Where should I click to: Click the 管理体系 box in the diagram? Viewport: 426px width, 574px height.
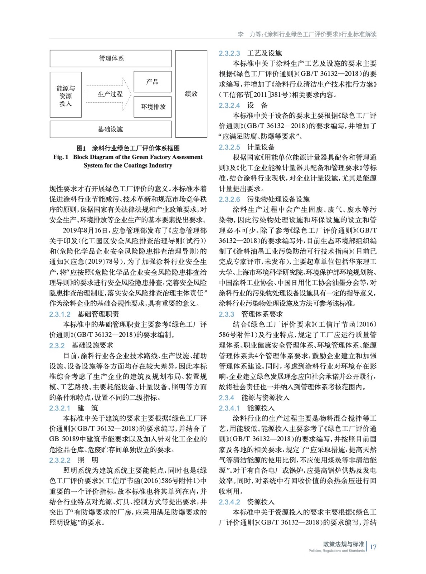[111, 58]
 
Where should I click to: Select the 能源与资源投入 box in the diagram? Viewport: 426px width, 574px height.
[66, 95]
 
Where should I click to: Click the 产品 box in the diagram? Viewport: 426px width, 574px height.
[153, 81]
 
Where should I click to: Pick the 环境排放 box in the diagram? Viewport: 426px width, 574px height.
[153, 107]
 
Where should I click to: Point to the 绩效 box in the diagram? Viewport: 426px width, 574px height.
[191, 94]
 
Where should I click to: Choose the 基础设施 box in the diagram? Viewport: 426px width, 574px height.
[111, 129]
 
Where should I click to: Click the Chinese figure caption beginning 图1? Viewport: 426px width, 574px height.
[128, 148]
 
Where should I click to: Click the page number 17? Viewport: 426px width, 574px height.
[373, 547]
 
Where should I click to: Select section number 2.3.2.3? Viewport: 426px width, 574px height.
[229, 53]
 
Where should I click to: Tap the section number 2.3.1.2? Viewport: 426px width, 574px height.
[60, 314]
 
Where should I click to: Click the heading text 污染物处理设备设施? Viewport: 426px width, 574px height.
[278, 199]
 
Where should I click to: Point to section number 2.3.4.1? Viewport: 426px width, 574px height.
[229, 408]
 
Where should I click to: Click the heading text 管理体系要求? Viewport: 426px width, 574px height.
[262, 314]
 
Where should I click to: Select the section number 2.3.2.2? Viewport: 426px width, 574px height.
[60, 460]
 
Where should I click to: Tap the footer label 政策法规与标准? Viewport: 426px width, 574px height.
[343, 544]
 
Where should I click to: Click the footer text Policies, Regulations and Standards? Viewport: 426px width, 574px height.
[336, 551]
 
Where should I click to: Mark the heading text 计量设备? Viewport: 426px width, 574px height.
[261, 147]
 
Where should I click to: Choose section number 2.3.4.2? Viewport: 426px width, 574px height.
[229, 502]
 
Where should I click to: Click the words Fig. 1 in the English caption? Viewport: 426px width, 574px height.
[61, 157]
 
